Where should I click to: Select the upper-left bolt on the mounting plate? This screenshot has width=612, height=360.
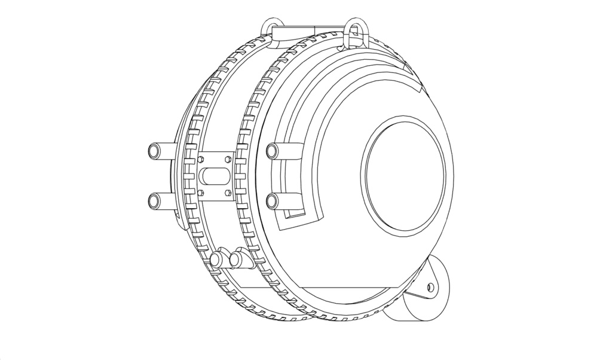(x=201, y=159)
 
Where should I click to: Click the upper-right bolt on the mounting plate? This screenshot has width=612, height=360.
(x=227, y=159)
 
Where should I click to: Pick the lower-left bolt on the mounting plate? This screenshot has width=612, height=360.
(x=201, y=193)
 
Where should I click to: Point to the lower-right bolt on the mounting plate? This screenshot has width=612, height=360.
(x=227, y=193)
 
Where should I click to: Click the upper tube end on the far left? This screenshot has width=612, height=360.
(x=154, y=151)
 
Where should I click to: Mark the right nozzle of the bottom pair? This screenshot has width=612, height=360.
(x=237, y=260)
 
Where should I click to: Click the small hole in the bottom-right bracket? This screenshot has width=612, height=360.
(x=430, y=288)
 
